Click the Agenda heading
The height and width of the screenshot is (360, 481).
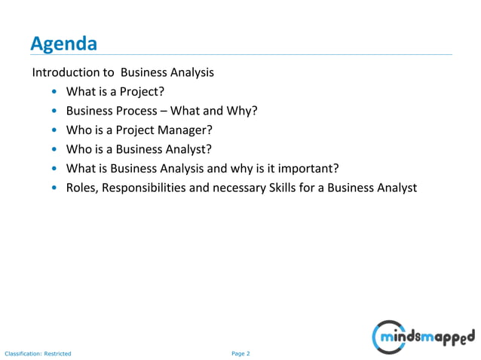pos(63,44)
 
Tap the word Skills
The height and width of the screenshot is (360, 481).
pos(277,188)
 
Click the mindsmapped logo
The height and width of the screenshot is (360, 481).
pos(424,335)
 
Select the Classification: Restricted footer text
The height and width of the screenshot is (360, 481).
pos(38,352)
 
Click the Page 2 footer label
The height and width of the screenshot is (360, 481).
pos(240,352)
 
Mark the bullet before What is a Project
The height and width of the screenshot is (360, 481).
pos(55,93)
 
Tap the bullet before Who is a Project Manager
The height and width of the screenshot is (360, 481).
pos(55,130)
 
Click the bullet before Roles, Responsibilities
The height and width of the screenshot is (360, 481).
pos(55,188)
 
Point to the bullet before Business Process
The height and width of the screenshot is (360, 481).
pos(55,111)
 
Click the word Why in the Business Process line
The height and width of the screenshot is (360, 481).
pos(244,111)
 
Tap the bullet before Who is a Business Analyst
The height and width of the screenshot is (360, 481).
pos(55,149)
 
